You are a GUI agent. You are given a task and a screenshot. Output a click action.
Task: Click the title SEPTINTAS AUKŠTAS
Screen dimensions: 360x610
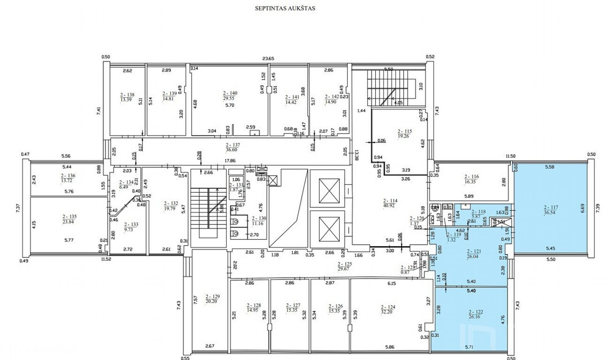click(285, 9)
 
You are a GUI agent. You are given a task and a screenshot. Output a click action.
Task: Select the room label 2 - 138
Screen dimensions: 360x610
click(127, 95)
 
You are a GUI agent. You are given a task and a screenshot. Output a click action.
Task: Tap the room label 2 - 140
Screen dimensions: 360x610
click(230, 93)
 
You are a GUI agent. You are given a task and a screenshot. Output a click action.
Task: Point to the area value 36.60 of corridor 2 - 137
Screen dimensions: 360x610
click(232, 150)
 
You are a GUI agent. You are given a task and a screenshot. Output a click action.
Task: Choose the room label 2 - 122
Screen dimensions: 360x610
click(475, 312)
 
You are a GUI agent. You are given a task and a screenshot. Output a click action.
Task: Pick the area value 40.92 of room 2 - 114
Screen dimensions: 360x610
click(390, 206)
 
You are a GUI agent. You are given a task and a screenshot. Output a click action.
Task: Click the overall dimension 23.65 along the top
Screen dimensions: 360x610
click(268, 59)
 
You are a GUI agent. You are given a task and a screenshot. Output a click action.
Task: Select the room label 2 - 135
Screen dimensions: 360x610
click(70, 217)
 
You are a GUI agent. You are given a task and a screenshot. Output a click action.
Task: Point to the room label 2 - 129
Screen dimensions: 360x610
click(213, 296)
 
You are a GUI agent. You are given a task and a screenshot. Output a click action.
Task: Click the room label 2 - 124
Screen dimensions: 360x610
click(388, 307)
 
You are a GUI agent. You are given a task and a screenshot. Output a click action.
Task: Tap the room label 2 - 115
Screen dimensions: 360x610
click(405, 131)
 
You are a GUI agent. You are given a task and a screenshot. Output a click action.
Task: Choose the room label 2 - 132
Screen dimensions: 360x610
click(170, 203)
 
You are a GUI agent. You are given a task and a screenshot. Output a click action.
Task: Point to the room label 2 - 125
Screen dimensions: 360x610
click(345, 264)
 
